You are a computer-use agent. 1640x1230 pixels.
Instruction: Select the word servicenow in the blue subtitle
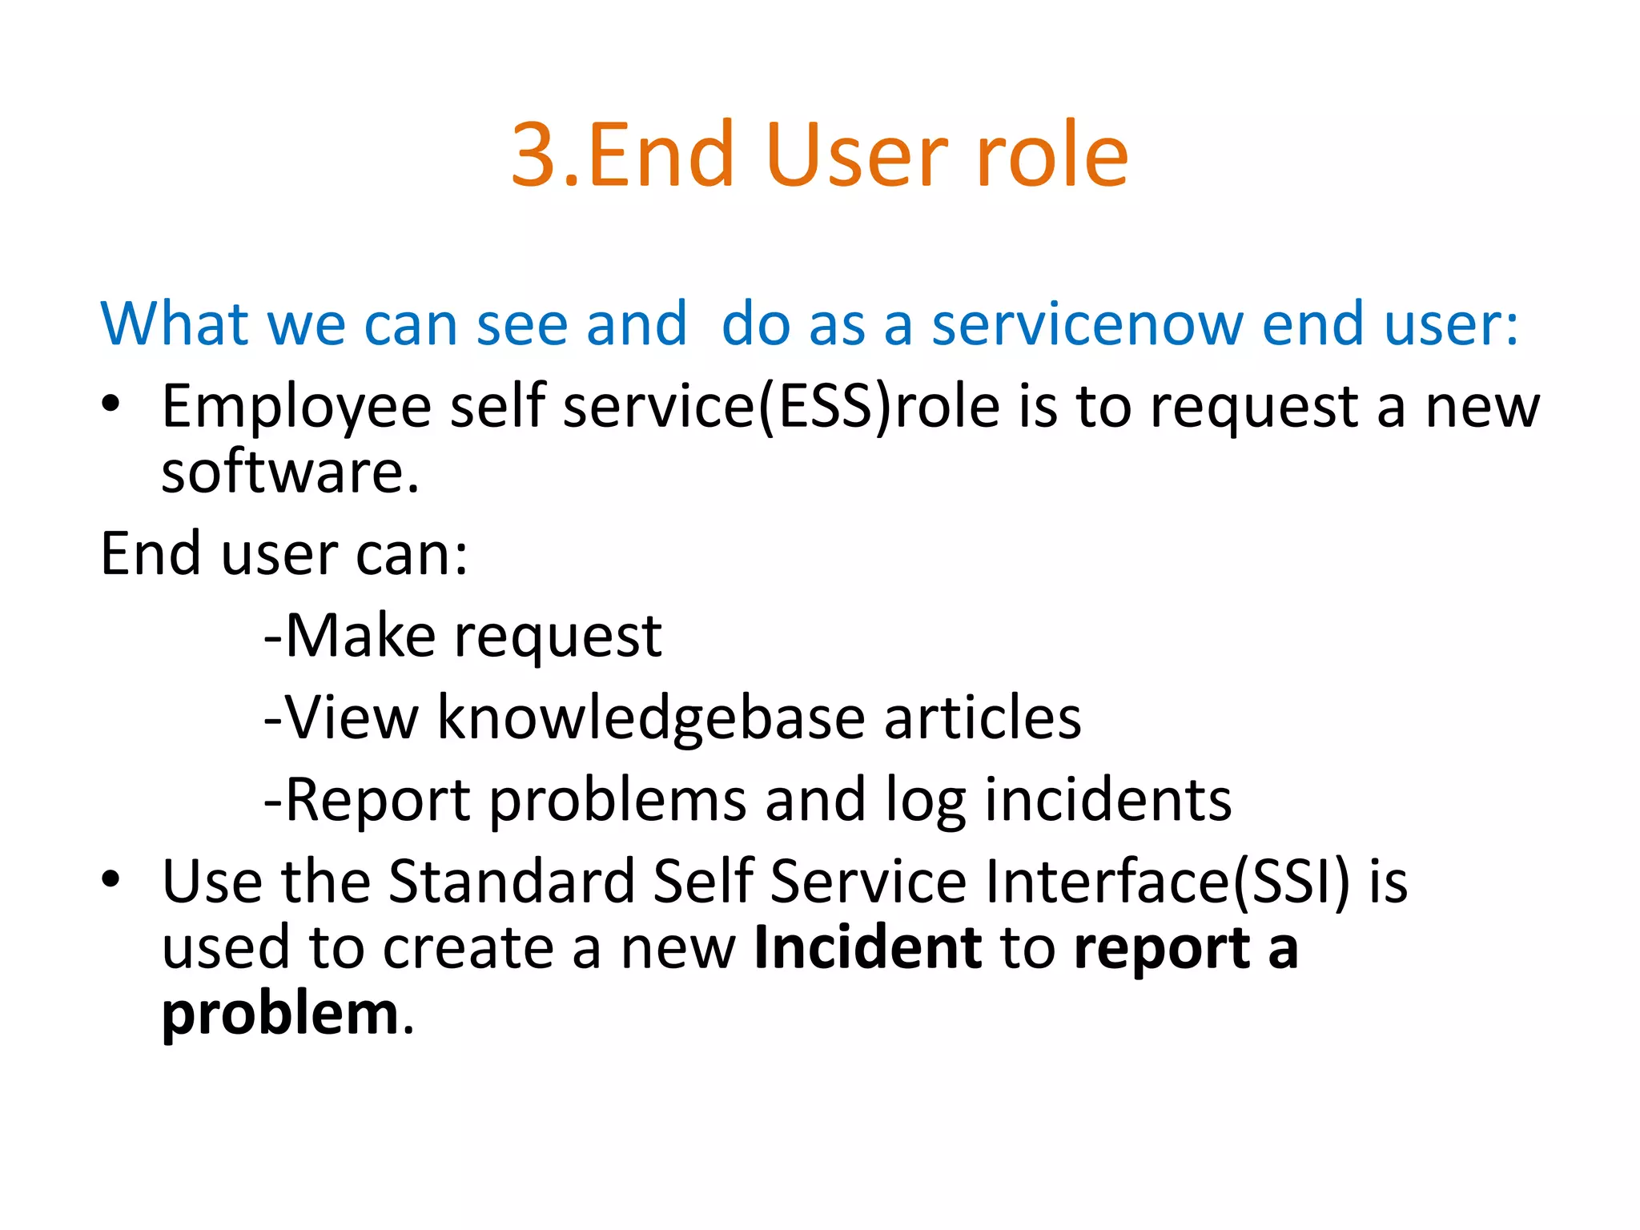pyautogui.click(x=1087, y=324)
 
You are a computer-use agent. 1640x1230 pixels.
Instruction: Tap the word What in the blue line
pyautogui.click(x=174, y=324)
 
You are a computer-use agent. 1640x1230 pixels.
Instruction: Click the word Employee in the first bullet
pyautogui.click(x=296, y=407)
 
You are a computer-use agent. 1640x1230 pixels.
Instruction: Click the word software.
pyautogui.click(x=290, y=472)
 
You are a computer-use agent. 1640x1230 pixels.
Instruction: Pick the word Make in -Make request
pyautogui.click(x=360, y=636)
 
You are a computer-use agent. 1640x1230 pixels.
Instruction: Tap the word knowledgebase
pyautogui.click(x=650, y=717)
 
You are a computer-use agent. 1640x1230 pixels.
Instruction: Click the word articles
pyautogui.click(x=983, y=717)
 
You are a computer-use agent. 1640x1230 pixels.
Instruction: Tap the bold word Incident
pyautogui.click(x=868, y=948)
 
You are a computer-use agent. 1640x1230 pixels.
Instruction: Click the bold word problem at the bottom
pyautogui.click(x=280, y=1015)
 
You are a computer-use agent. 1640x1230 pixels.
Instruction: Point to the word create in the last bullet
pyautogui.click(x=468, y=948)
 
